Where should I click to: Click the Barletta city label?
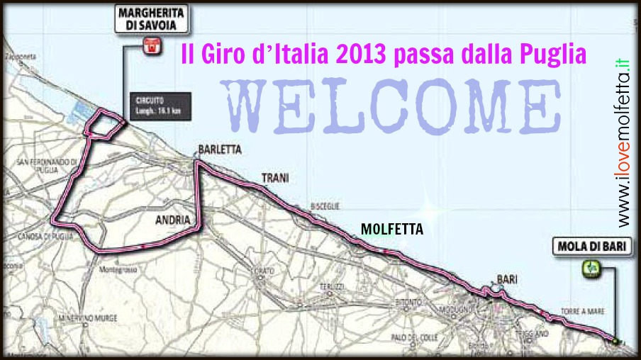click(220, 150)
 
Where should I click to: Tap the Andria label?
click(172, 220)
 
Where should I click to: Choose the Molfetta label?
click(391, 230)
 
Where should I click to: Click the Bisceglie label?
click(325, 206)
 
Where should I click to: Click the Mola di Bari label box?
click(589, 247)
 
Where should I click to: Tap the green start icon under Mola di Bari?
click(590, 268)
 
